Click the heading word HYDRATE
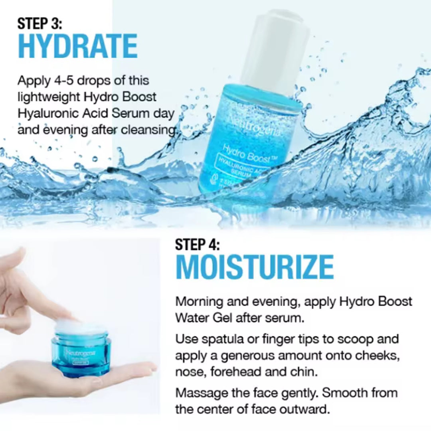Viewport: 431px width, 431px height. pyautogui.click(x=78, y=47)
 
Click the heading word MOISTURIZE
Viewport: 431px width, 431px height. pyautogui.click(x=255, y=267)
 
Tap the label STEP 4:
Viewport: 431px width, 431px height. pyautogui.click(x=197, y=244)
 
